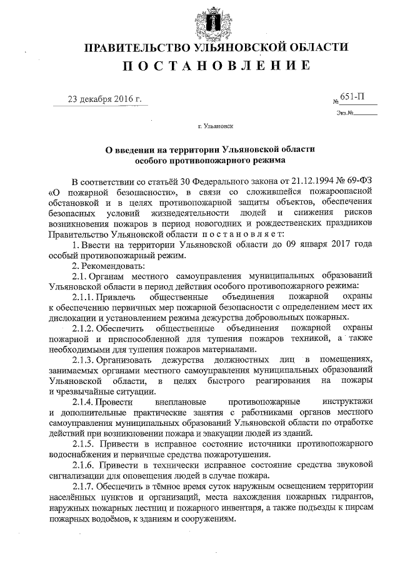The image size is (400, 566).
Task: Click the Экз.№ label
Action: tap(344, 113)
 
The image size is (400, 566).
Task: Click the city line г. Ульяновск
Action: tap(215, 126)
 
